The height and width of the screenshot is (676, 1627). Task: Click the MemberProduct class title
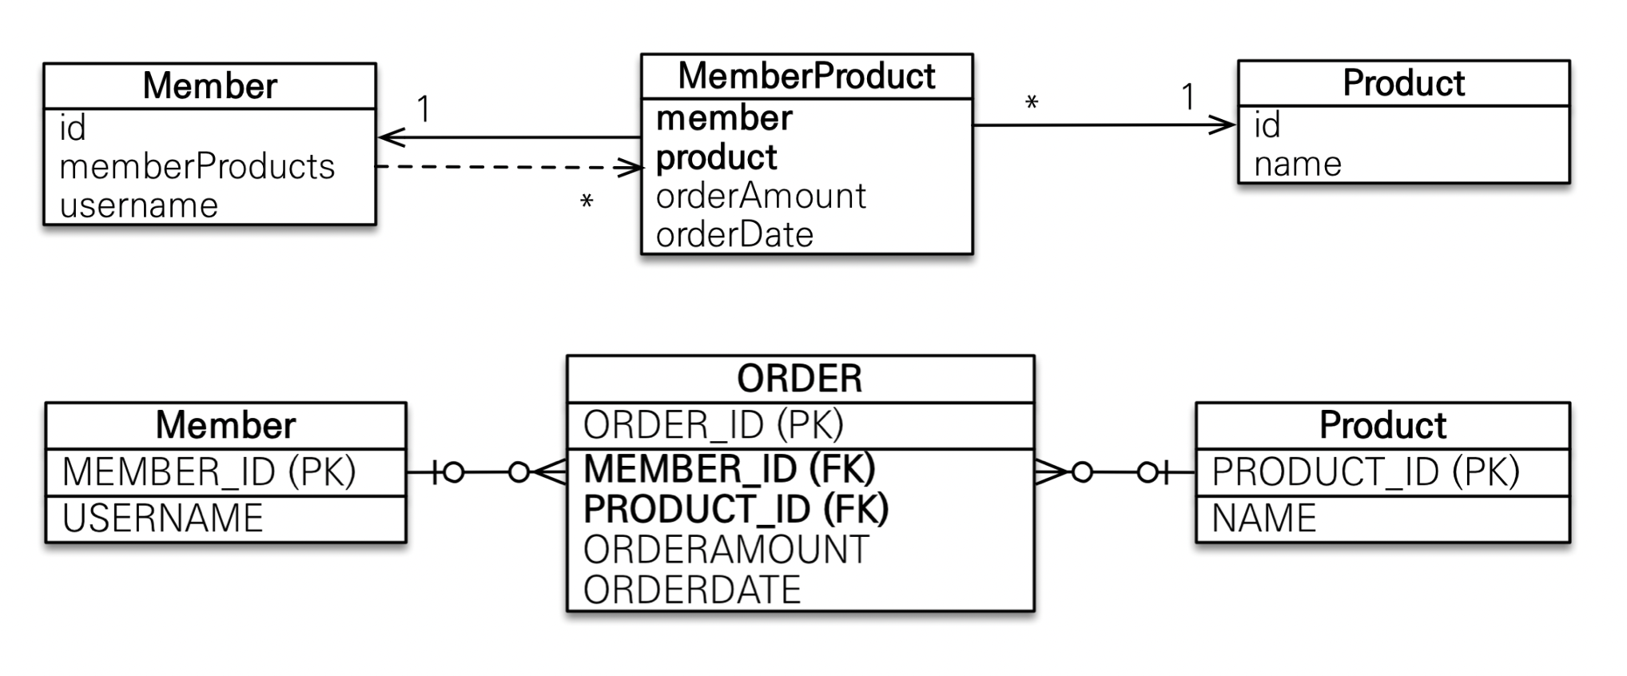point(806,77)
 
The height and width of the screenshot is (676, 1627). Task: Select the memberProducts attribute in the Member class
point(197,167)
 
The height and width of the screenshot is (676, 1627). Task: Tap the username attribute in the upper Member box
point(138,206)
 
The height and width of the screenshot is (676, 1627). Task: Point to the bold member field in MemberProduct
point(724,118)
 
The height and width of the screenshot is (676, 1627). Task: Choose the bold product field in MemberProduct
point(716,158)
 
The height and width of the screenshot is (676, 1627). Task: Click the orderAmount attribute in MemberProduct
point(761,196)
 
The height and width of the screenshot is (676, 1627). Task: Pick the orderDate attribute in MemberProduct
point(734,235)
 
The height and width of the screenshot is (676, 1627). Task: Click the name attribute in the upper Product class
point(1298,165)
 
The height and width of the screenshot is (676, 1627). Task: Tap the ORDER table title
point(800,379)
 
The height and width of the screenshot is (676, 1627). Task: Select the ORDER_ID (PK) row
point(713,425)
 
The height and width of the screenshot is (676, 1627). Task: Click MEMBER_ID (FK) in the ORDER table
point(730,469)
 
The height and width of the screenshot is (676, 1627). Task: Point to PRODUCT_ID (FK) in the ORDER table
point(736,509)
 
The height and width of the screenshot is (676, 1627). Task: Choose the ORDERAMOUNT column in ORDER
point(726,550)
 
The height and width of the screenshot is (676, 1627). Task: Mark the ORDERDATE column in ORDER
point(692,590)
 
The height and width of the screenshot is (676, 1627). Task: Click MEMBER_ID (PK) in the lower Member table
point(209,471)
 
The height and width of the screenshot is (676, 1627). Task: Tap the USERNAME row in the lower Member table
point(163,519)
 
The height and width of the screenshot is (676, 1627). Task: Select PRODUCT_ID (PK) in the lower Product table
point(1365,471)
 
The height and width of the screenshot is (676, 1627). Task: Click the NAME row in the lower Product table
point(1263,519)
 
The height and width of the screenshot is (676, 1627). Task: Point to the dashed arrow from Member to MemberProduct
point(510,167)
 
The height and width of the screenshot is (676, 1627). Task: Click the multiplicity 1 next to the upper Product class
point(1188,97)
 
